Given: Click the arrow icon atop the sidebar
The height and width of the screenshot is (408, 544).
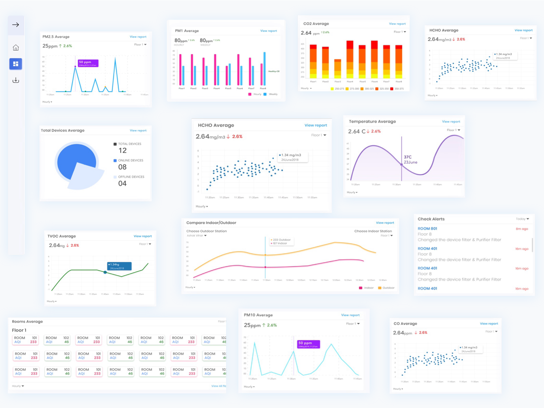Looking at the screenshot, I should (16, 25).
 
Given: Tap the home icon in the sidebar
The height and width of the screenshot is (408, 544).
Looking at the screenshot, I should (16, 48).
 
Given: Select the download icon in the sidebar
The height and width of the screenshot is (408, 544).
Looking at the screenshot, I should (16, 80).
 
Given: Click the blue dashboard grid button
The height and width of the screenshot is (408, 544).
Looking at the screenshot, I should (16, 64).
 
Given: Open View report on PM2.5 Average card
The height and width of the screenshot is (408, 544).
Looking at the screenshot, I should (138, 37).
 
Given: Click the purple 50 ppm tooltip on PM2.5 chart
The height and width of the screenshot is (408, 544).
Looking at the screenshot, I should (88, 63).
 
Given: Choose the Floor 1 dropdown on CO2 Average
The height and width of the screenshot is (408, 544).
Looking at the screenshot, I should (400, 32).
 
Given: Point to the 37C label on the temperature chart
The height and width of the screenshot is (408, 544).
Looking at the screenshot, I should (408, 157).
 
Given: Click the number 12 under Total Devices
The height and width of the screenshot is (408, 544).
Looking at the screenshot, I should (122, 151).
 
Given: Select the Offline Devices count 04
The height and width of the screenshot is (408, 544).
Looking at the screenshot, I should (122, 184).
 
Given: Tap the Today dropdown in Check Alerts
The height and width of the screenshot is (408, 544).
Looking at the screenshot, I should (522, 219).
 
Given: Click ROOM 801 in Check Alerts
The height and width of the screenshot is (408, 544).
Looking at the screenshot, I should (427, 229).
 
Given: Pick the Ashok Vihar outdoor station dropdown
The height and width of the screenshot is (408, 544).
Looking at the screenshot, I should (197, 236).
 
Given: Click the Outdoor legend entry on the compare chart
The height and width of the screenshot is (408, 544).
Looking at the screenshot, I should (387, 288).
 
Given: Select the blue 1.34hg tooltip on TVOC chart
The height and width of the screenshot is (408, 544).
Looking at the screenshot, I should (119, 266).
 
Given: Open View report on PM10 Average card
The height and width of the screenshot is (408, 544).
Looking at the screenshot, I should (350, 315).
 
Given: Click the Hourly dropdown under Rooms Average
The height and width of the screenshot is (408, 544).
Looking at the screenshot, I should (18, 386).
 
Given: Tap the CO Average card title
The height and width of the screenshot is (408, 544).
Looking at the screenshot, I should (405, 324).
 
